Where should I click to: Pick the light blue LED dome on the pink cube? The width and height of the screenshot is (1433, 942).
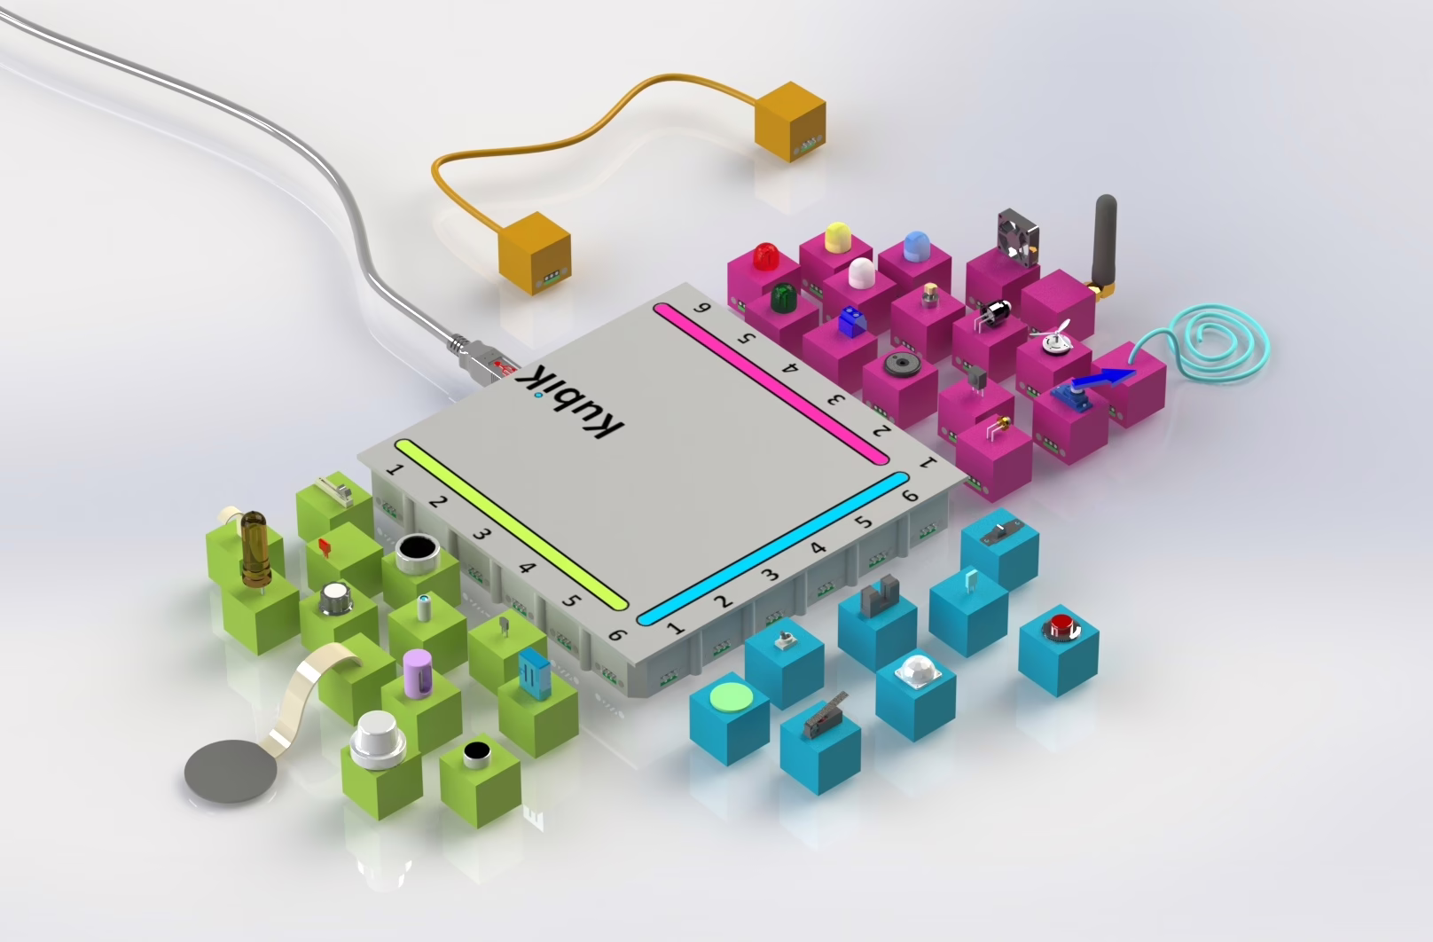tap(917, 246)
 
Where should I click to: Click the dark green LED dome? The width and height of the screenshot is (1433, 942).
tap(782, 297)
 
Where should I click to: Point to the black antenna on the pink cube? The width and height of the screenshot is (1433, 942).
tap(1106, 247)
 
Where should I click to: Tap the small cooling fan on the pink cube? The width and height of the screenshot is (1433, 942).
tap(1017, 236)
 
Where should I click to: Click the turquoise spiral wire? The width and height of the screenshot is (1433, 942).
tap(1202, 342)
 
